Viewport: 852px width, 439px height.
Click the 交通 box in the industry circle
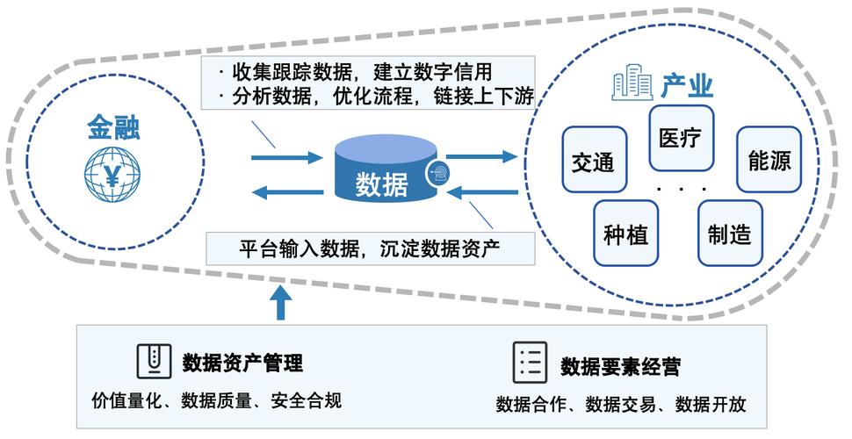(x=593, y=162)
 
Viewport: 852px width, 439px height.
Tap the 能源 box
(x=769, y=161)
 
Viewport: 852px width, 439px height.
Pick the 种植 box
(x=626, y=234)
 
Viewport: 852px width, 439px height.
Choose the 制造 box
(x=731, y=234)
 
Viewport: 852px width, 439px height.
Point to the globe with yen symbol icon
(x=112, y=176)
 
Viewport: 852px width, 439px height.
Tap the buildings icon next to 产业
(x=632, y=85)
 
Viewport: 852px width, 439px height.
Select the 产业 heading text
(x=687, y=86)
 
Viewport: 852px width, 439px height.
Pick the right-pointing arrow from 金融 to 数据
(x=286, y=158)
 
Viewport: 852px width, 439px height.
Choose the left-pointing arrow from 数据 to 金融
(x=286, y=192)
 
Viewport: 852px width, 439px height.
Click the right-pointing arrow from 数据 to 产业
(x=481, y=157)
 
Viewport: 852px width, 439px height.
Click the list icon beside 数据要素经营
(x=531, y=362)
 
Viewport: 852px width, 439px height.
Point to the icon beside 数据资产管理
(x=154, y=360)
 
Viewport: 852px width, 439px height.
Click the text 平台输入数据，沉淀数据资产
(x=369, y=248)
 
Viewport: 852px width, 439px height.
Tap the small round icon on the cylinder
(x=437, y=173)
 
